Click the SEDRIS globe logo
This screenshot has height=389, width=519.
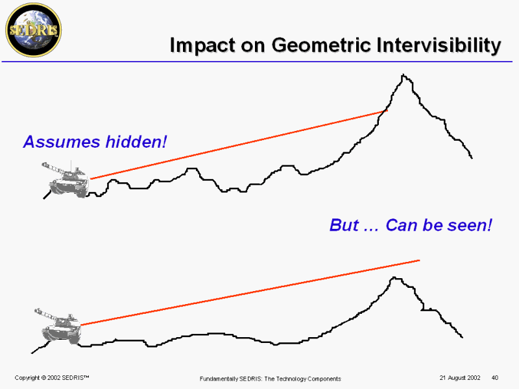coord(34,30)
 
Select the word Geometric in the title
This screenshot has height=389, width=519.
coord(321,45)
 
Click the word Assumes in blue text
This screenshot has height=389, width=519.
coord(62,141)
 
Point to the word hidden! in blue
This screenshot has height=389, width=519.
coord(136,141)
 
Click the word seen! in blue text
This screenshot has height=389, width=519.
coord(469,225)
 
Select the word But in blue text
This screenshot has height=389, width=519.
coord(344,225)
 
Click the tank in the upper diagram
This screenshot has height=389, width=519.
coord(66,180)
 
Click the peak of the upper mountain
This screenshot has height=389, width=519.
coord(403,75)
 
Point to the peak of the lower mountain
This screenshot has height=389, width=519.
coord(394,278)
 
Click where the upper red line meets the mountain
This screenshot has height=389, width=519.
coord(386,110)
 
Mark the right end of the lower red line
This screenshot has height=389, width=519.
coord(419,261)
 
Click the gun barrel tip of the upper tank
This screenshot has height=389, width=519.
coord(43,164)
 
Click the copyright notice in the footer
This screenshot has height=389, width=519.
coord(52,378)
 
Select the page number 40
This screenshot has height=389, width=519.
coord(495,378)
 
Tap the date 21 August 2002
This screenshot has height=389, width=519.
coord(460,378)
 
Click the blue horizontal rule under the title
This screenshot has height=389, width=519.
coord(257,62)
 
